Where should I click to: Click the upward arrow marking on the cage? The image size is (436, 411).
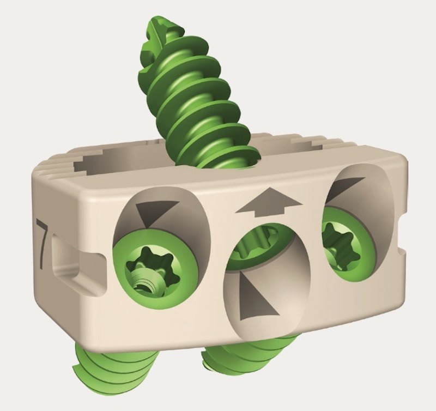(269, 201)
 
